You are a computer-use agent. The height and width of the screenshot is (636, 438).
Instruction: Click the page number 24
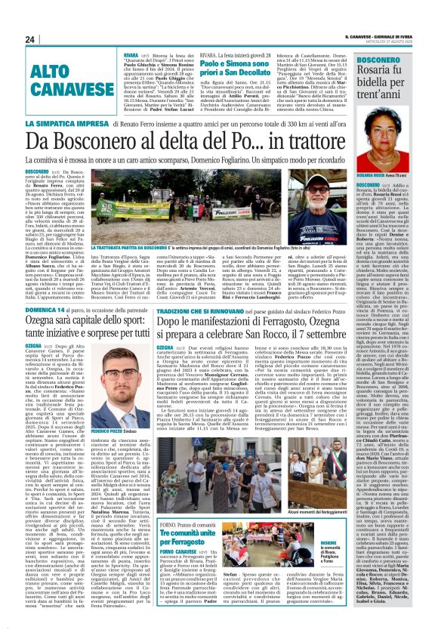29,39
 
